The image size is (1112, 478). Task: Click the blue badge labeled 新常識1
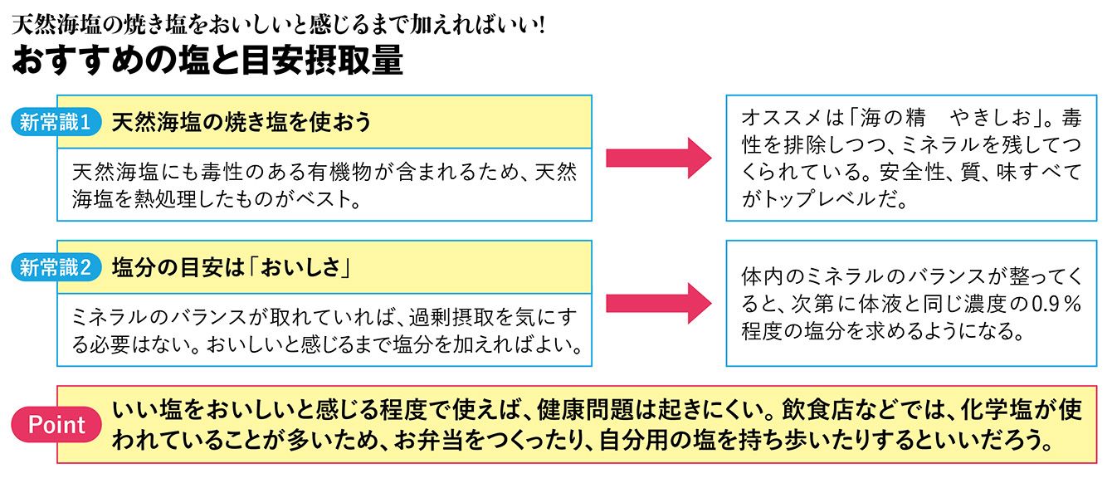click(x=56, y=123)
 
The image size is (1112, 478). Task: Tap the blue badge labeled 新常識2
click(x=56, y=267)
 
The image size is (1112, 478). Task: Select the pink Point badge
click(x=57, y=425)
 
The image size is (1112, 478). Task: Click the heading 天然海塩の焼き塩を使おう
click(x=241, y=122)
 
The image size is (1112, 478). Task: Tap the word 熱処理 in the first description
click(x=163, y=200)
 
